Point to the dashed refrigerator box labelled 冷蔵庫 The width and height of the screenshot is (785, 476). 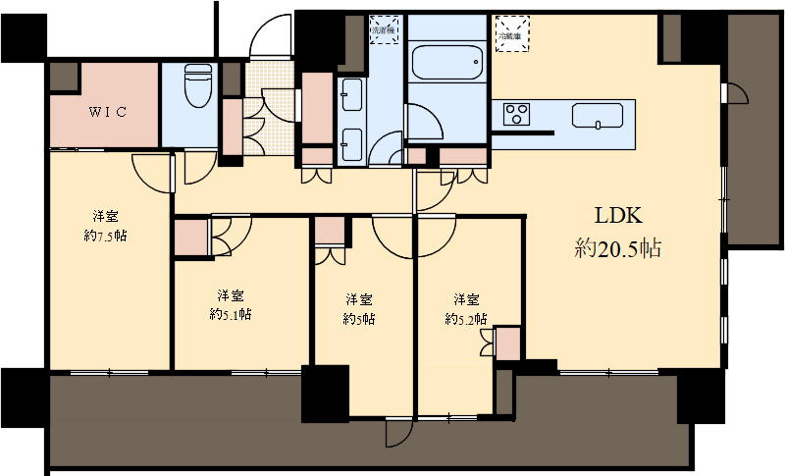tap(510, 30)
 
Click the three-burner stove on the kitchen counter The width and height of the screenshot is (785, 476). tap(516, 114)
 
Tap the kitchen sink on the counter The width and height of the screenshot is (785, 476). tap(599, 115)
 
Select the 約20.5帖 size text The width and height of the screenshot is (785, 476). tap(616, 249)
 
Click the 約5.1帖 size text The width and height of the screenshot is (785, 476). tap(231, 314)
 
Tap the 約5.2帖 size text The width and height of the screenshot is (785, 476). tap(466, 318)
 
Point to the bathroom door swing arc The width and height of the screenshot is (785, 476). tap(423, 122)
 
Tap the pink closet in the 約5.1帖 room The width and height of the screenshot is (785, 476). tap(190, 238)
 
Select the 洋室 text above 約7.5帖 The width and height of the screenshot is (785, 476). tap(107, 216)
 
